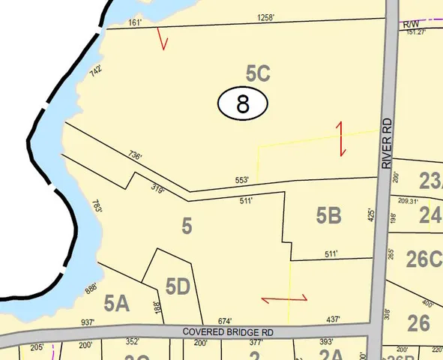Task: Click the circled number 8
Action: pyautogui.click(x=243, y=103)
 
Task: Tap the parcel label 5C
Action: pyautogui.click(x=257, y=73)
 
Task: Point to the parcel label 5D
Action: pyautogui.click(x=177, y=286)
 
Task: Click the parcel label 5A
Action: pyautogui.click(x=117, y=303)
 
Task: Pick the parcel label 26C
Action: pyautogui.click(x=424, y=259)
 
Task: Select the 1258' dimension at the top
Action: pyautogui.click(x=266, y=17)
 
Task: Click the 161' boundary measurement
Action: pyautogui.click(x=135, y=23)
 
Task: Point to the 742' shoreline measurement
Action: pyautogui.click(x=95, y=72)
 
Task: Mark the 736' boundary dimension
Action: pyautogui.click(x=135, y=156)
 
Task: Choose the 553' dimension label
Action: pyautogui.click(x=242, y=180)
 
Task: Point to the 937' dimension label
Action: pyautogui.click(x=88, y=322)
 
